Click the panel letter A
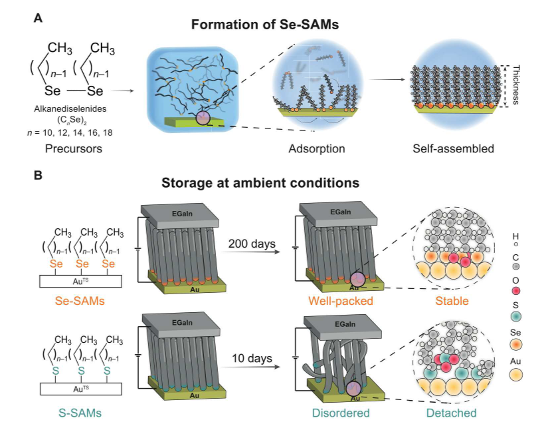(x=38, y=18)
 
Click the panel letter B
(x=38, y=176)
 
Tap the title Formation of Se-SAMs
(x=265, y=25)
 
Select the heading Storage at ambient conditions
(x=260, y=183)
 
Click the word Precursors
(x=73, y=148)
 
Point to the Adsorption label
(x=317, y=148)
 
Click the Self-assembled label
(x=453, y=148)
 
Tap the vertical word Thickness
(x=515, y=85)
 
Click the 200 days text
(x=252, y=244)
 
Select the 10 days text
(x=252, y=358)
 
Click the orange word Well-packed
(x=341, y=301)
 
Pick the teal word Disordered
(x=341, y=413)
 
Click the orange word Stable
(x=452, y=301)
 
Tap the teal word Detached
(x=452, y=413)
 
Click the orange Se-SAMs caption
(x=80, y=301)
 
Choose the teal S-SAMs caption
(x=80, y=413)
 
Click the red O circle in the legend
(x=515, y=291)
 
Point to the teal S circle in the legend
(x=515, y=316)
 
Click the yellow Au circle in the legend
(x=515, y=375)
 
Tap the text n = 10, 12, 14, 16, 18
(x=70, y=133)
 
